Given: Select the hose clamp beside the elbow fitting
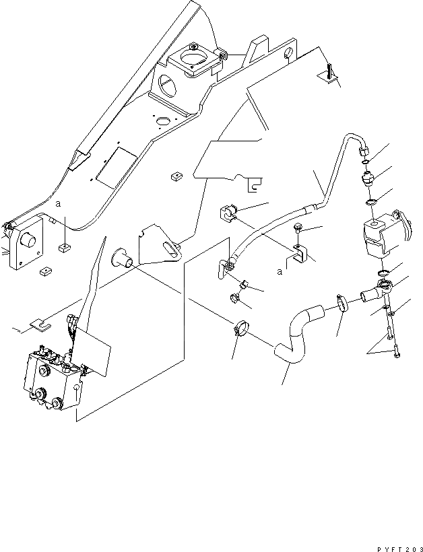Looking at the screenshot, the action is pyautogui.click(x=342, y=303).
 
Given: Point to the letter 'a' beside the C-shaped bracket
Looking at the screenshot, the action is pyautogui.click(x=280, y=272).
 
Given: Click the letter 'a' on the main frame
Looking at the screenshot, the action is pyautogui.click(x=59, y=203).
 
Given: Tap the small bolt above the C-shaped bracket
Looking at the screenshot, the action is pyautogui.click(x=296, y=230).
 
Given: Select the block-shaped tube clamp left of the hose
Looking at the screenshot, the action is pyautogui.click(x=228, y=213).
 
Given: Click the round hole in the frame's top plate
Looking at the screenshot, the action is pyautogui.click(x=162, y=121).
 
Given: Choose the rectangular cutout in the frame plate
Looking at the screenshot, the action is pyautogui.click(x=117, y=168).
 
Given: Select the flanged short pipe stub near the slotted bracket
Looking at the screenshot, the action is pyautogui.click(x=122, y=258).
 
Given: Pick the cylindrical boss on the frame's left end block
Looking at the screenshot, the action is pyautogui.click(x=28, y=241).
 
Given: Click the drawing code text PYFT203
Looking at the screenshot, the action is pyautogui.click(x=400, y=549).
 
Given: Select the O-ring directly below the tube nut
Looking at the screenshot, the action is pyautogui.click(x=365, y=162).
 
